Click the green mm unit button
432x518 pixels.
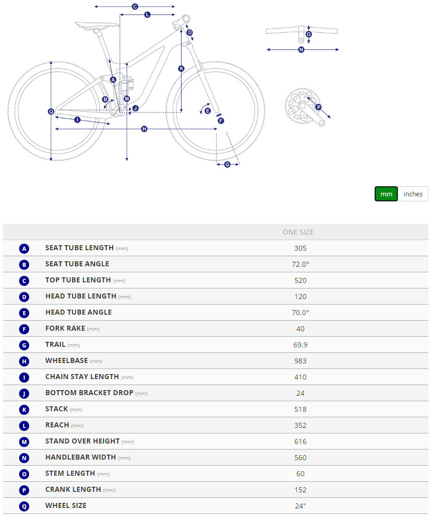click(x=386, y=194)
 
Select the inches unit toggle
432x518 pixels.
click(x=413, y=194)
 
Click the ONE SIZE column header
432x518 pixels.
click(x=298, y=232)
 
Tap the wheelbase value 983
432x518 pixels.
click(x=300, y=361)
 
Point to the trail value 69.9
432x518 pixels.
click(x=300, y=345)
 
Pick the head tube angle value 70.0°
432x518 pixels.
click(x=300, y=313)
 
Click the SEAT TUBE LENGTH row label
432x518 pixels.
click(x=79, y=248)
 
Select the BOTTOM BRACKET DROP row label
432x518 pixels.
click(x=89, y=393)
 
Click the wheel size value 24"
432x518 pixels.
click(x=300, y=506)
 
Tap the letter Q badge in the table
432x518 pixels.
click(x=24, y=506)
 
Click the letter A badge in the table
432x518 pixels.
click(x=24, y=248)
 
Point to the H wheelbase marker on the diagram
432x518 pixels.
click(x=144, y=129)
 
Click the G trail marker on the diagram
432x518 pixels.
click(x=227, y=164)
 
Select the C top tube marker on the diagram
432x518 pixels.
click(x=135, y=7)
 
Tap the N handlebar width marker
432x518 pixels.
click(x=301, y=49)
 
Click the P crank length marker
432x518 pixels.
click(x=318, y=107)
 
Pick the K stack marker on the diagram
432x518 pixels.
click(x=181, y=68)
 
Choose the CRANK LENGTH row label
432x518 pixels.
click(x=73, y=490)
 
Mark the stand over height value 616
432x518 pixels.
click(x=300, y=441)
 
